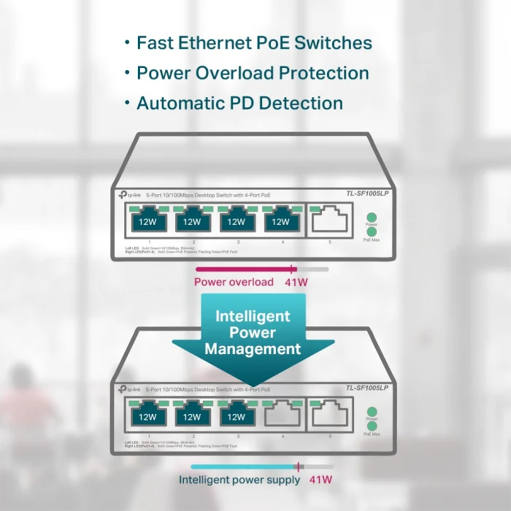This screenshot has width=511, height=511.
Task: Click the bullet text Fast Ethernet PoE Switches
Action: click(254, 43)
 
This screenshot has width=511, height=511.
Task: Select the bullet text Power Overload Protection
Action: click(253, 73)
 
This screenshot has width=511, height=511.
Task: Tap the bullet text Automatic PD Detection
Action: click(240, 103)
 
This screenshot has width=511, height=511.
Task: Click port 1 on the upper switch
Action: click(148, 222)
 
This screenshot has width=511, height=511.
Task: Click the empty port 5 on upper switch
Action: click(329, 221)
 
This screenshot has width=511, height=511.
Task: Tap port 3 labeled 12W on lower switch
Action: click(237, 416)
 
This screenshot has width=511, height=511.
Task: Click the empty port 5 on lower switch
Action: click(329, 415)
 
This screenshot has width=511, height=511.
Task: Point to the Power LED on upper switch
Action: click(371, 217)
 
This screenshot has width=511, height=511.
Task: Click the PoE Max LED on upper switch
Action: click(371, 232)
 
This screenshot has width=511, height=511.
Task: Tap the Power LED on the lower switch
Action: click(371, 412)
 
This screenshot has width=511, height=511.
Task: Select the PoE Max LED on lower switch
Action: click(371, 426)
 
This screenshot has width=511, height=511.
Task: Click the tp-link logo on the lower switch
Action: click(129, 389)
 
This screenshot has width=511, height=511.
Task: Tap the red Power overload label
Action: click(234, 282)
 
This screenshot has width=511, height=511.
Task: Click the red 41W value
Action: click(296, 282)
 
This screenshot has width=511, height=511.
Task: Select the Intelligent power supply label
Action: click(240, 480)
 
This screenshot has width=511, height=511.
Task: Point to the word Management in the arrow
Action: click(253, 348)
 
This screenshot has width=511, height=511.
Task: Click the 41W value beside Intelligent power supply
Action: click(320, 480)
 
